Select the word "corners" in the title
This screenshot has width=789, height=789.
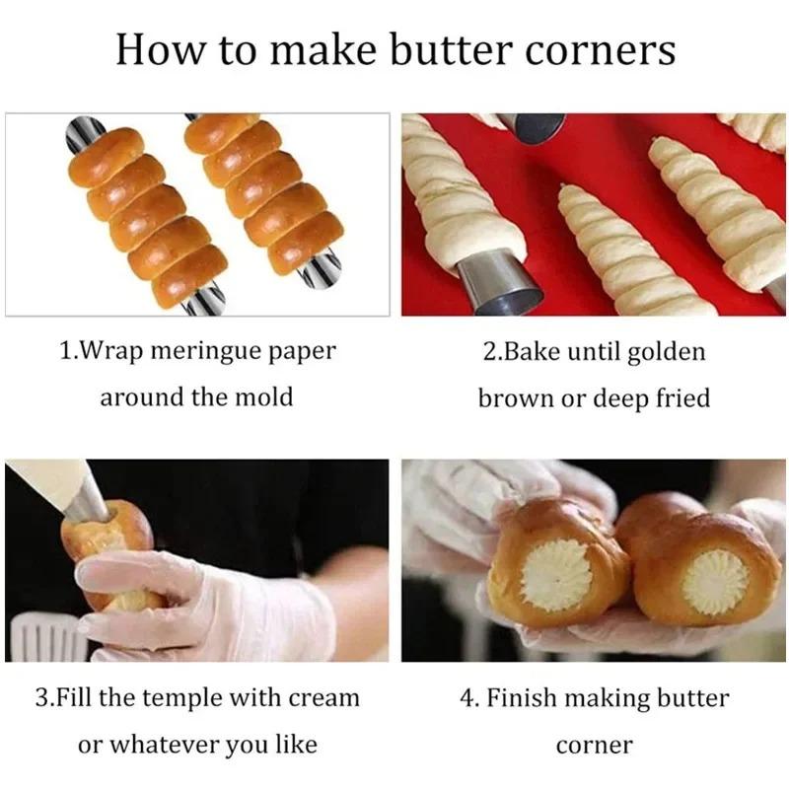605,49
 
